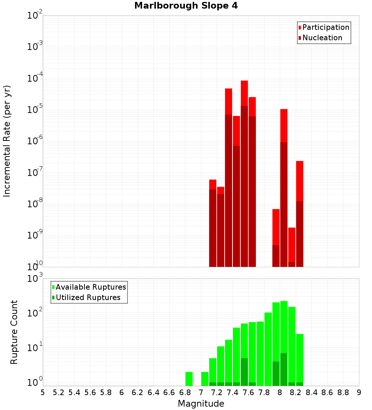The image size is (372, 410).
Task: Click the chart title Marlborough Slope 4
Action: (186, 6)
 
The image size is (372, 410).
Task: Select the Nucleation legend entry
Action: (322, 38)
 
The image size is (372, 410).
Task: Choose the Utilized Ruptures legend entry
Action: (87, 297)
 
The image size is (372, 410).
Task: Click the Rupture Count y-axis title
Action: (14, 332)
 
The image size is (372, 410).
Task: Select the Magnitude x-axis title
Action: (201, 403)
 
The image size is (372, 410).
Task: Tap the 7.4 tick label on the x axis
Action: (232, 392)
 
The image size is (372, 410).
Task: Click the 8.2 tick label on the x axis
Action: (296, 392)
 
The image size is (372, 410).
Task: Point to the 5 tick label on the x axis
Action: (43, 392)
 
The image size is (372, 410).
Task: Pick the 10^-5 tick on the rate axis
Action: (35, 110)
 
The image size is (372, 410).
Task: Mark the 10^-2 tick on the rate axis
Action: (35, 16)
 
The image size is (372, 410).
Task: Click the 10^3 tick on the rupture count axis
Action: (35, 278)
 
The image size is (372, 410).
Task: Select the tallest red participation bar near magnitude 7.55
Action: (244, 93)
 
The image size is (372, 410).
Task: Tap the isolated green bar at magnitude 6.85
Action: (189, 379)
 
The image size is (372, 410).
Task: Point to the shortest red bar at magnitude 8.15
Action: (292, 245)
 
